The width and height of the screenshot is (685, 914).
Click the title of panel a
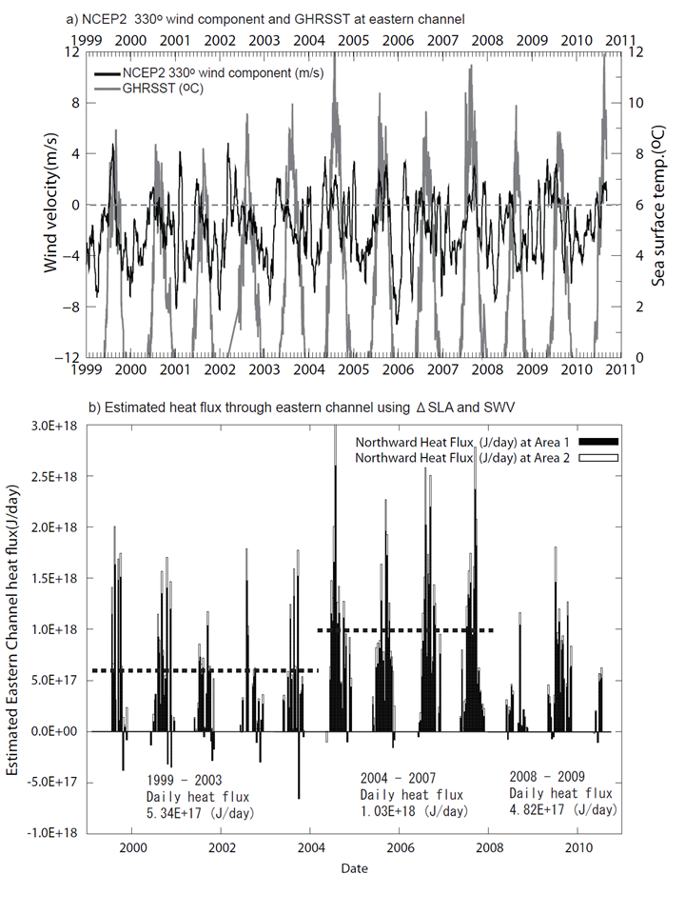point(265,19)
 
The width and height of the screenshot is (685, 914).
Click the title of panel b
point(302,407)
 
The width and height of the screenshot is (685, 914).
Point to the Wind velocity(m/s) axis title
point(51,202)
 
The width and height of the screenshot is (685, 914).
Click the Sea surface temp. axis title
point(658,206)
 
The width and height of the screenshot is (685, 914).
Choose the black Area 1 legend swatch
point(598,443)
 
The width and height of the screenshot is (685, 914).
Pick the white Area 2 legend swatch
point(598,458)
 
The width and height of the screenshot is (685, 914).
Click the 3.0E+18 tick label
point(54,426)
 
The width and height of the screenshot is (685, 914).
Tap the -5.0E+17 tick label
point(51,782)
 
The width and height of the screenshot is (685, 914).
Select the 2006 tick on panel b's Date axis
point(401,847)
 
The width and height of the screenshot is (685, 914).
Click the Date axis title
point(354,868)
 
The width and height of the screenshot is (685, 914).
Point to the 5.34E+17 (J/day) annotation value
point(201,813)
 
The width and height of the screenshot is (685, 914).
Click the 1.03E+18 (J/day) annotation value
point(414,811)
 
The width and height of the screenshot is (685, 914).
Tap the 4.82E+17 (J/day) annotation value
point(563,809)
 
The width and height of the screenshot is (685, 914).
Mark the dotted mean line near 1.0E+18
point(405,630)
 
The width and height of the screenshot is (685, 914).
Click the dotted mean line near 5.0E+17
point(205,670)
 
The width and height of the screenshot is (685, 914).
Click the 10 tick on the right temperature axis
point(636,103)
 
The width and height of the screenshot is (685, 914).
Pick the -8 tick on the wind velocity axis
point(71,308)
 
